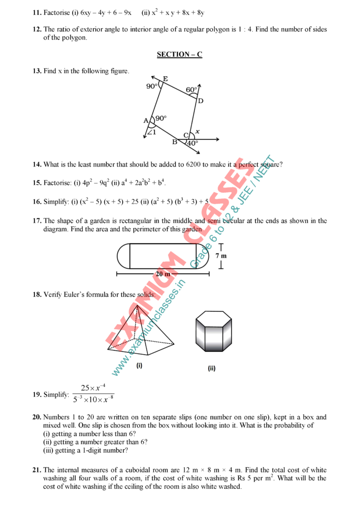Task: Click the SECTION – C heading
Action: [x=180, y=55]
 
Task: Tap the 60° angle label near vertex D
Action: [x=191, y=90]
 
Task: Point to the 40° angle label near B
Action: [x=192, y=143]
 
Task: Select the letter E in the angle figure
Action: [x=165, y=79]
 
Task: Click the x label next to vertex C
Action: [x=197, y=131]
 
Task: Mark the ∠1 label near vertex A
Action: [x=152, y=132]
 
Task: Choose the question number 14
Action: [x=37, y=165]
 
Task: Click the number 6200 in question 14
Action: [x=195, y=165]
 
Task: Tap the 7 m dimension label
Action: [x=221, y=256]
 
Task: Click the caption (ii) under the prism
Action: [x=211, y=368]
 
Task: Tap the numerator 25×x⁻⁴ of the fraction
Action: [x=93, y=388]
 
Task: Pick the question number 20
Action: [x=37, y=418]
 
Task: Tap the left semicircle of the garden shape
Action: [x=123, y=256]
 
